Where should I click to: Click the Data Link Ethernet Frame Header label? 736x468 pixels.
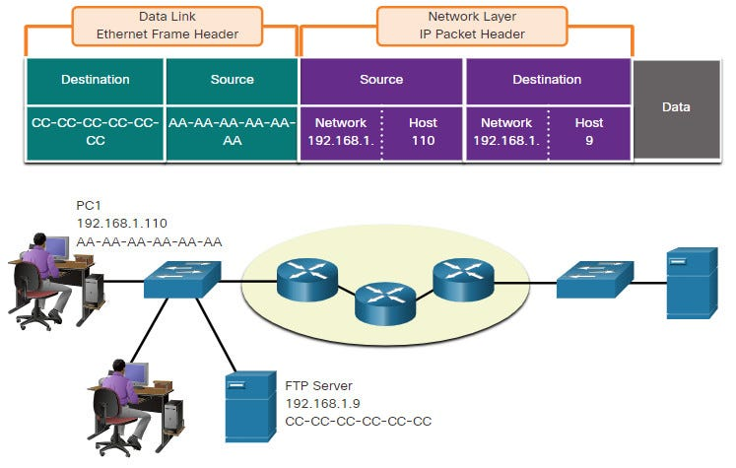pyautogui.click(x=167, y=26)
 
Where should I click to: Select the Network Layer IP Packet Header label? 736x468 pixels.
pyautogui.click(x=472, y=26)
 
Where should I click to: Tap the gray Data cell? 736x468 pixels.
pyautogui.click(x=676, y=109)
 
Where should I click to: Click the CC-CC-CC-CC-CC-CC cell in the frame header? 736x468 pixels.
pyautogui.click(x=96, y=133)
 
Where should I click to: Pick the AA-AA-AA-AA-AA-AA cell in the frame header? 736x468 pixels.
pyautogui.click(x=232, y=133)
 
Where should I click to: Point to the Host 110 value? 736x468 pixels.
pyautogui.click(x=423, y=132)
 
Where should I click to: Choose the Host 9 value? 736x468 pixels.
pyautogui.click(x=589, y=132)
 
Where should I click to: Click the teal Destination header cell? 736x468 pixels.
pyautogui.click(x=96, y=81)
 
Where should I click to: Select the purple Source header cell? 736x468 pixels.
pyautogui.click(x=381, y=81)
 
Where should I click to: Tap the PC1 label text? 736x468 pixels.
pyautogui.click(x=89, y=206)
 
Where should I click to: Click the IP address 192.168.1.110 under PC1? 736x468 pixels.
pyautogui.click(x=122, y=223)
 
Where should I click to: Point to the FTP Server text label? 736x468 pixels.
pyautogui.click(x=318, y=386)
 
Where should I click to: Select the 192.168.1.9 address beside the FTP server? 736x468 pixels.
pyautogui.click(x=323, y=404)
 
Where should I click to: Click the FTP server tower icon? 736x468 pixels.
pyautogui.click(x=250, y=407)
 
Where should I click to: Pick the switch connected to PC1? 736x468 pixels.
pyautogui.click(x=182, y=279)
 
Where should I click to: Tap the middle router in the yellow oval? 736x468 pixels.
pyautogui.click(x=385, y=303)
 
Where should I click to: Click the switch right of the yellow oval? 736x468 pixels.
pyautogui.click(x=595, y=280)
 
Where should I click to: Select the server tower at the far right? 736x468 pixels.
pyautogui.click(x=693, y=283)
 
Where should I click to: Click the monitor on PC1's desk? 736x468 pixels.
pyautogui.click(x=57, y=248)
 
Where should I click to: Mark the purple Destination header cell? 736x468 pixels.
pyautogui.click(x=547, y=81)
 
